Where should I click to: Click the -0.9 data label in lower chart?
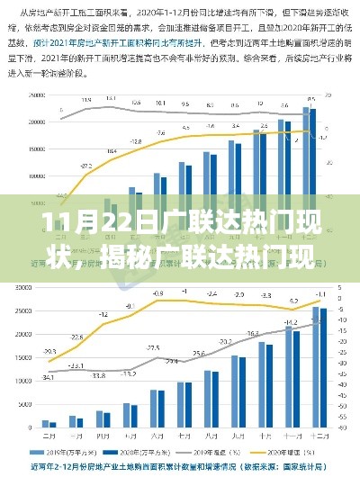point(157,293)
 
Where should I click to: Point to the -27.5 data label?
point(86,167)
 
